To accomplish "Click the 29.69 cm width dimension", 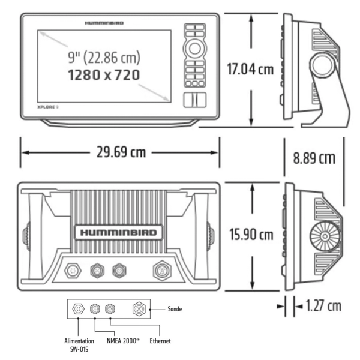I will click(121, 152).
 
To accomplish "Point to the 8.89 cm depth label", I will click(314, 158).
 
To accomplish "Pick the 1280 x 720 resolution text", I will click(104, 75).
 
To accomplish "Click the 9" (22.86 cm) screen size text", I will click(103, 58).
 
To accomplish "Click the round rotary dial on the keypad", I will click(194, 48).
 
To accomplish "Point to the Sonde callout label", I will click(175, 310).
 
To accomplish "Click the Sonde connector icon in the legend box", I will click(139, 310).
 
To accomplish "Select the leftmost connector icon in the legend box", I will click(77, 310).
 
